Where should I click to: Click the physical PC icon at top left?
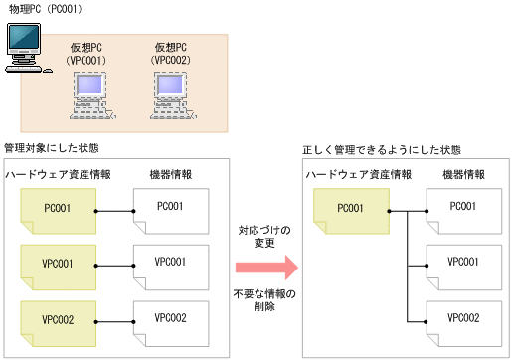click(x=23, y=49)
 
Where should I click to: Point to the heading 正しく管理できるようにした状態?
click(x=382, y=151)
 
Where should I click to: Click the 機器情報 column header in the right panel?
click(x=462, y=174)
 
